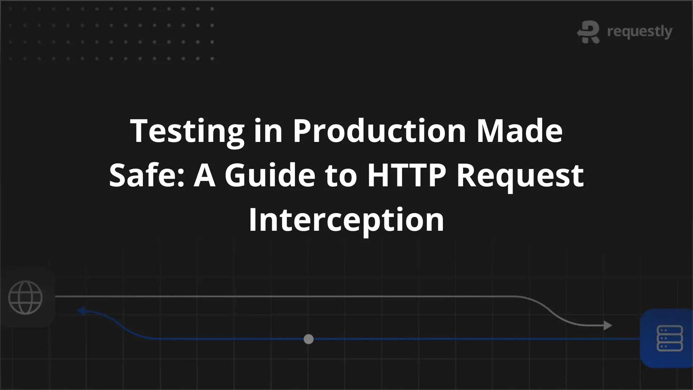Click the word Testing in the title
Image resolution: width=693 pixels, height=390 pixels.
click(187, 131)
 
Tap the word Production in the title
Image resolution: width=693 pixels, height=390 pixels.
click(379, 130)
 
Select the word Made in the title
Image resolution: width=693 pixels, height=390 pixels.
click(519, 130)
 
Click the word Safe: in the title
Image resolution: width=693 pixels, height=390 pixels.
click(147, 175)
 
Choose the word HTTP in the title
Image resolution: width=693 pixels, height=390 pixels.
click(406, 175)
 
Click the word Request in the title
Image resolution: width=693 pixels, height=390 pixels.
click(520, 177)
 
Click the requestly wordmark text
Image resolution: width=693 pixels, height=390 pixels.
click(640, 32)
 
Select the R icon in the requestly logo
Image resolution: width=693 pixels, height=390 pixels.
click(588, 32)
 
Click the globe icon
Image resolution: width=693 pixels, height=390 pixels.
click(25, 298)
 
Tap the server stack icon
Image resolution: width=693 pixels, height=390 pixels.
click(670, 338)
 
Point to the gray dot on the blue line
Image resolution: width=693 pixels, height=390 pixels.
click(309, 339)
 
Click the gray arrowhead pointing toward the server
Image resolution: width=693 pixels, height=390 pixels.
click(608, 325)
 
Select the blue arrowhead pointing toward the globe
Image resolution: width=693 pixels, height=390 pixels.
click(81, 311)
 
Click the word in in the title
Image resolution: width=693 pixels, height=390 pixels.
click(268, 130)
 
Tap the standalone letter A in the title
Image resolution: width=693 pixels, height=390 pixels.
click(205, 175)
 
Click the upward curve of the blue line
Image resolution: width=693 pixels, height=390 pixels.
click(119, 324)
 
